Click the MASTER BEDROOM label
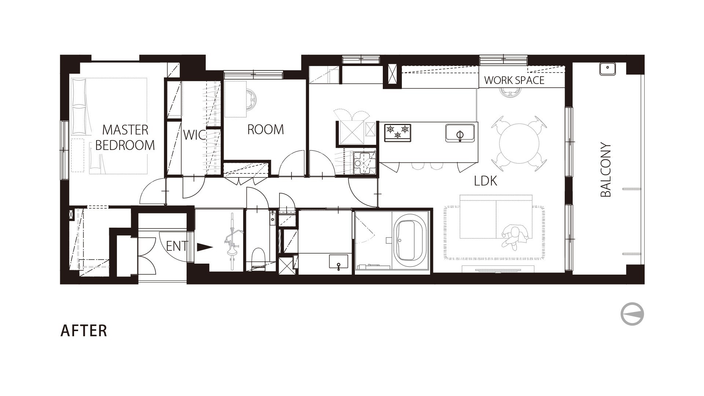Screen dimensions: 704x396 [x=125, y=137]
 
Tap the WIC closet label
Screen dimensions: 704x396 [x=194, y=135]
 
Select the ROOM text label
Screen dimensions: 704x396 [x=265, y=129]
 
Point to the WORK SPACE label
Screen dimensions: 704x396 [x=514, y=80]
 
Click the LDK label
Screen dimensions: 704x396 [x=485, y=181]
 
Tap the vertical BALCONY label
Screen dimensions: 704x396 [x=606, y=170]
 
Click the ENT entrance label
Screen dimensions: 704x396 [x=177, y=246]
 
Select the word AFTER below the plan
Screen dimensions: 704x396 [x=84, y=331]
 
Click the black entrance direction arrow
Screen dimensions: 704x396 [x=205, y=247]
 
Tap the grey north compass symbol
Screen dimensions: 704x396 [x=632, y=314]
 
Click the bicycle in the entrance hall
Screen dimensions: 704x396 [x=232, y=240]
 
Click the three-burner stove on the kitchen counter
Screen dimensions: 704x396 [x=398, y=133]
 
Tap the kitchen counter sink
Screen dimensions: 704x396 [x=460, y=133]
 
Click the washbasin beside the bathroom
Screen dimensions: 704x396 [x=338, y=263]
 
